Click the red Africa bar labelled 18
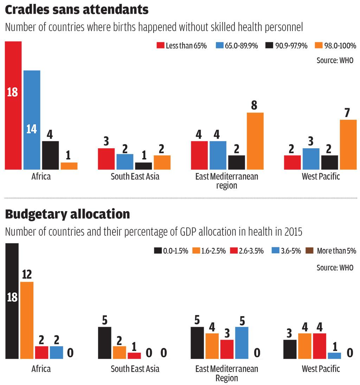[13, 105]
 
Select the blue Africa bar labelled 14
[32, 120]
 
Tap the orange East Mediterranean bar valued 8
[255, 141]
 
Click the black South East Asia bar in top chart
[143, 166]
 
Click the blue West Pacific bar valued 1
[334, 355]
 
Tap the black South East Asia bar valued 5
[104, 342]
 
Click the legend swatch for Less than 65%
[160, 46]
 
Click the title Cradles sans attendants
[77, 10]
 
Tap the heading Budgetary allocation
[67, 214]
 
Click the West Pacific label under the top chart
[321, 176]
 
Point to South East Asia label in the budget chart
[135, 369]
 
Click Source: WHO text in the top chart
[335, 60]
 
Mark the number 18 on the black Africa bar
[12, 298]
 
